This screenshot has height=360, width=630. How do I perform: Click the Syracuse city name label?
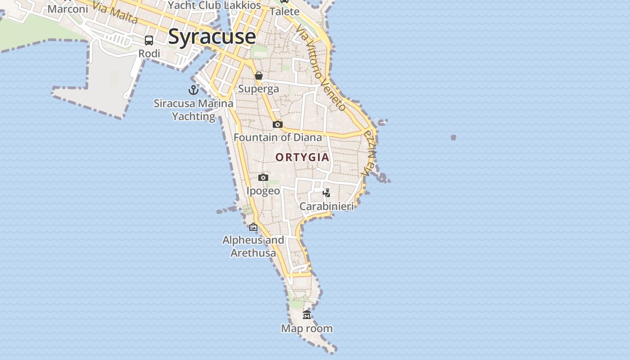tap(212, 37)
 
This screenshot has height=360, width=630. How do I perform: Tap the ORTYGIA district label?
tap(302, 157)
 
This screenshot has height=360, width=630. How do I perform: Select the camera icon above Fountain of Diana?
tap(278, 124)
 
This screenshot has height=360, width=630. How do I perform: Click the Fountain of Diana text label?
tap(278, 137)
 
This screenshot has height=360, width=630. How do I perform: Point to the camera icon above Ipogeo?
tap(263, 177)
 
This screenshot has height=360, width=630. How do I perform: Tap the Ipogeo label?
tap(263, 191)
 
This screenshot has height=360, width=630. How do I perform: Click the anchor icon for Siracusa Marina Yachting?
tap(193, 90)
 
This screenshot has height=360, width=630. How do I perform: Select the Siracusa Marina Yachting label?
tap(193, 110)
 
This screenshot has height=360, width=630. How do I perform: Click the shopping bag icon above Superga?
tap(259, 76)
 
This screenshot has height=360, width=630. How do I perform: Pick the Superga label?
tap(258, 89)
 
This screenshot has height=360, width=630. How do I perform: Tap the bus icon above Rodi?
tap(149, 40)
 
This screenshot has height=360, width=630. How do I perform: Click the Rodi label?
tap(149, 54)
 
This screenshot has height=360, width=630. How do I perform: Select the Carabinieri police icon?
tap(327, 193)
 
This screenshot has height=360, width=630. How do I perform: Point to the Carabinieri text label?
tap(326, 206)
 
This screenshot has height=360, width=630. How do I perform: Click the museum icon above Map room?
tap(307, 315)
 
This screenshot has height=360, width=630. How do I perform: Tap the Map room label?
tap(307, 328)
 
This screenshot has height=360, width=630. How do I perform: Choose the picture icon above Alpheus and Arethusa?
tap(253, 227)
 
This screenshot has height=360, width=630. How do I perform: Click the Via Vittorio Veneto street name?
tap(321, 67)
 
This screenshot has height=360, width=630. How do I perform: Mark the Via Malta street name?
tap(114, 13)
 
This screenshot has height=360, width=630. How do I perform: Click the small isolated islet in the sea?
tap(453, 137)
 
